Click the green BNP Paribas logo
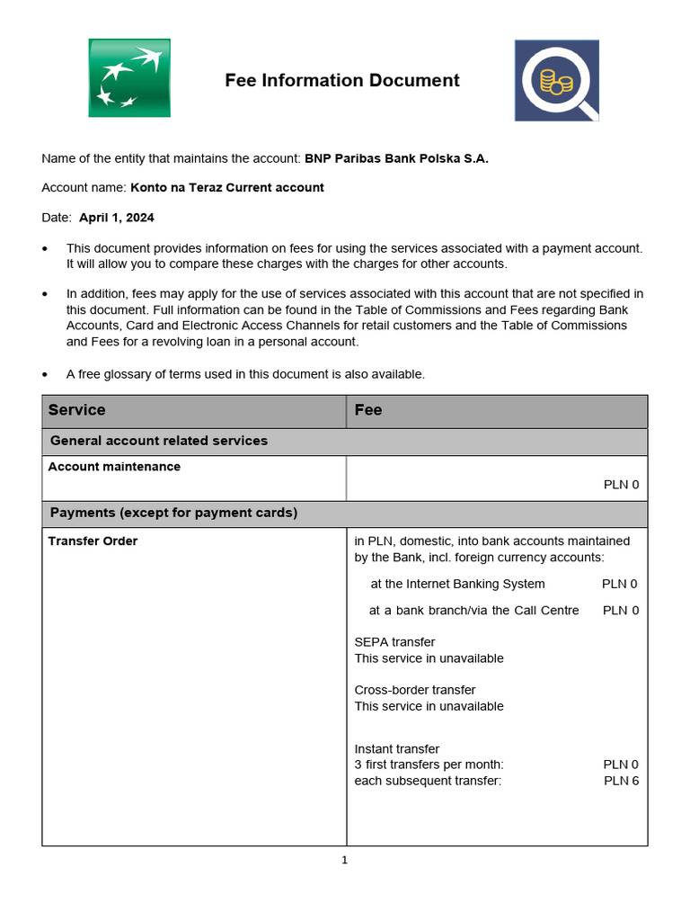click(x=129, y=78)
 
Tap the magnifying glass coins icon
click(x=556, y=80)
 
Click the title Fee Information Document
click(x=341, y=81)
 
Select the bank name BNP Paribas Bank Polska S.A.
click(x=396, y=158)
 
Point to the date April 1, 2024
click(x=116, y=218)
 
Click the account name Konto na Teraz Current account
click(x=226, y=188)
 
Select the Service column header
click(x=77, y=410)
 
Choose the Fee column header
click(x=368, y=410)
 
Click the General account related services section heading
click(x=159, y=441)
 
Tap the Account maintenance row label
click(x=114, y=467)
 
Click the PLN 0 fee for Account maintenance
click(x=621, y=485)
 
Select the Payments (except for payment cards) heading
click(x=173, y=513)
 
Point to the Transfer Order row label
click(x=93, y=541)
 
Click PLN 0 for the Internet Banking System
click(x=619, y=584)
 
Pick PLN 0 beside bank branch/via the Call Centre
click(x=621, y=611)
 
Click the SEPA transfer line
click(x=394, y=642)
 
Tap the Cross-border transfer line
click(x=415, y=690)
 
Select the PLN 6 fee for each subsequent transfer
click(x=621, y=781)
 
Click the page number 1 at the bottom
click(x=344, y=860)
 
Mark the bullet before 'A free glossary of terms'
click(x=46, y=374)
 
